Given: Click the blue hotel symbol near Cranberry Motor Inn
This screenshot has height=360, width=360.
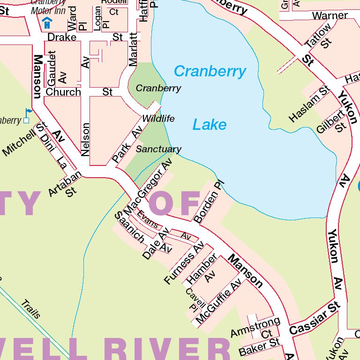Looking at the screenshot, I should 47,22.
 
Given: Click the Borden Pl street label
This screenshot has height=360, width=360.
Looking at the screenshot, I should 207,202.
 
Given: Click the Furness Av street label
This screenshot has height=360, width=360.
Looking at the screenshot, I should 184,263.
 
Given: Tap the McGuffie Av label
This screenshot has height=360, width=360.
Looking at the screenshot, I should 218,301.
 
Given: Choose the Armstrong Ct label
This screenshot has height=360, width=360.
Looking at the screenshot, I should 255,328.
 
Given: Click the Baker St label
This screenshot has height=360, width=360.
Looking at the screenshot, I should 259,347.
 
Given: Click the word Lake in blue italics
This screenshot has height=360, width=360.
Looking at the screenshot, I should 210,125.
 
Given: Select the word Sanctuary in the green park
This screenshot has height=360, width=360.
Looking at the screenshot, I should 158,149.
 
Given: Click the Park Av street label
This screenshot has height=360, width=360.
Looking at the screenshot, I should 127,145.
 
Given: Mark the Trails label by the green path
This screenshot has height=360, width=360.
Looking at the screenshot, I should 31,309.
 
